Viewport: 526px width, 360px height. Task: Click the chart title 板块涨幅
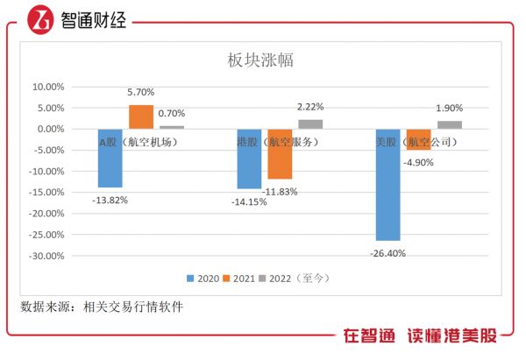pos(260,61)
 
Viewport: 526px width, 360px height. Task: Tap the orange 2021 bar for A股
pos(140,117)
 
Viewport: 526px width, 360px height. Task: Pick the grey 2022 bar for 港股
pos(310,124)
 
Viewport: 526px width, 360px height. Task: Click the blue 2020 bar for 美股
pos(387,184)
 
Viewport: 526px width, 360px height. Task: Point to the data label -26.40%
pos(387,252)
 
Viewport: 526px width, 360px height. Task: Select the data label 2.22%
pos(311,106)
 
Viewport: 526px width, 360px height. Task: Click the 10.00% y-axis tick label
pos(47,87)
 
